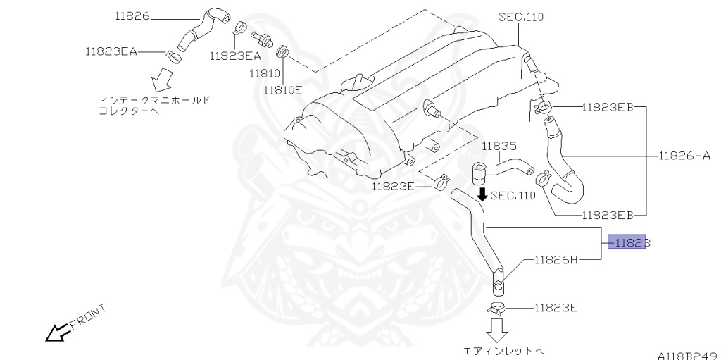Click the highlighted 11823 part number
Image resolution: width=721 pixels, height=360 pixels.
(x=627, y=242)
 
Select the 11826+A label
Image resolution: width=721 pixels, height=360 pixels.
(x=684, y=156)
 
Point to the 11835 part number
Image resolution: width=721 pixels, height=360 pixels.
(x=499, y=147)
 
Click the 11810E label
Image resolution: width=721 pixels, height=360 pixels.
(x=283, y=89)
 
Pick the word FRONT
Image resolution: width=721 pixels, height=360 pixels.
(x=88, y=317)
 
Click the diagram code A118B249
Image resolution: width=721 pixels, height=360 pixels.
(x=688, y=355)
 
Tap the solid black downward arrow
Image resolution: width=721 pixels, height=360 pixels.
(x=482, y=193)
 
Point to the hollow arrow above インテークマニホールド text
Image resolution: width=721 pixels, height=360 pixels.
(x=161, y=80)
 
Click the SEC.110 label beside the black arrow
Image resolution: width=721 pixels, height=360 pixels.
(x=513, y=196)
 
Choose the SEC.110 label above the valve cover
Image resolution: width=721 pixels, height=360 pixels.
(x=521, y=18)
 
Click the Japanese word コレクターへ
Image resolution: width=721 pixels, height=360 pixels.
(x=129, y=111)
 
